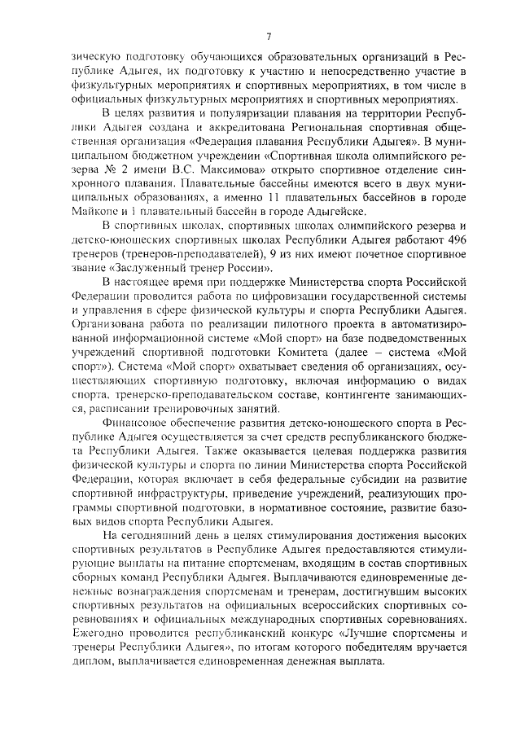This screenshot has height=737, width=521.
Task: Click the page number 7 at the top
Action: (x=268, y=34)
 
